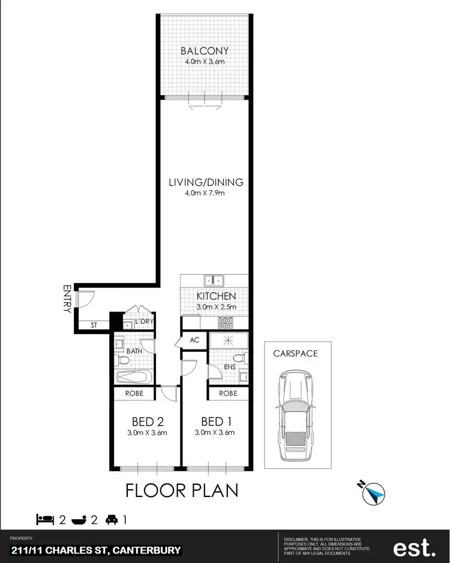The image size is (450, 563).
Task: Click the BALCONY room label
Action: point(205,50)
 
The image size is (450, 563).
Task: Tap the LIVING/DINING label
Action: point(205,182)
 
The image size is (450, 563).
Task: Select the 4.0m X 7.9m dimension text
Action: point(205,192)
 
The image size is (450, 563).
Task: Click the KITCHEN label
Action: point(216,296)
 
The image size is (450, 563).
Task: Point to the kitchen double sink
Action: point(214,279)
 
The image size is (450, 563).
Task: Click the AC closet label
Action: point(194,339)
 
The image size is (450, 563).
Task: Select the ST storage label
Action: point(94,326)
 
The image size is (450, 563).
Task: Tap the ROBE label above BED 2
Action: point(133,394)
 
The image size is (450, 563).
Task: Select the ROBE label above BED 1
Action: point(229,394)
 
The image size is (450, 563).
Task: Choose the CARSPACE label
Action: point(295,353)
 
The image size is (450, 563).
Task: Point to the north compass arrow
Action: point(374,493)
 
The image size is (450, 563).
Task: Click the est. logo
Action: point(414,547)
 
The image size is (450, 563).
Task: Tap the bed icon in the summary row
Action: point(45,519)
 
